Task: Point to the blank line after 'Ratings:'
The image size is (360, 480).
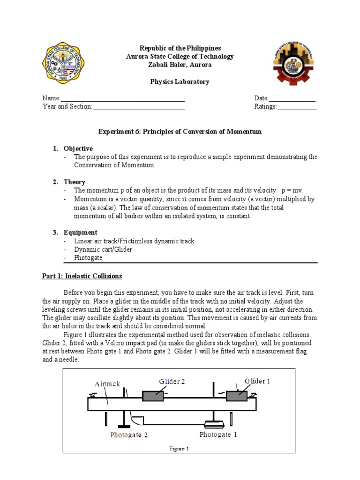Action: pos(297,107)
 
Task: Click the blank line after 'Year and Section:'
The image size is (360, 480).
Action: pos(139,107)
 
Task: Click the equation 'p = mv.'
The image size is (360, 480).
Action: pos(292,190)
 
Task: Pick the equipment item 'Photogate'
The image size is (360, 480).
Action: pos(88,258)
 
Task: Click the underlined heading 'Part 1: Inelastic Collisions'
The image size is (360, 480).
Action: pos(82,276)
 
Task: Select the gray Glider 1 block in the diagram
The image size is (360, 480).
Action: pos(236,396)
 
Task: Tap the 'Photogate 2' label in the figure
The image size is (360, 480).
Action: pos(129,435)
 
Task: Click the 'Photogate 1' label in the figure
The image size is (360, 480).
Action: pos(218,435)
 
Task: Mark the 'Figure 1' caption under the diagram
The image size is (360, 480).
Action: pos(179,449)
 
